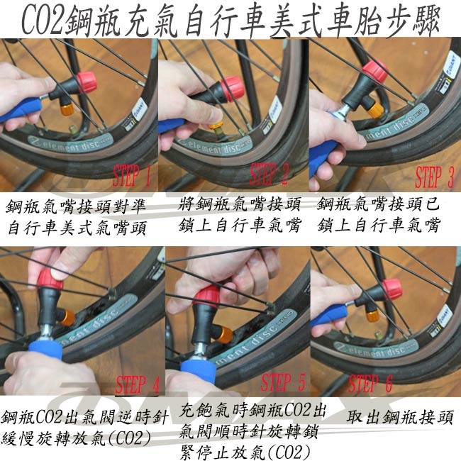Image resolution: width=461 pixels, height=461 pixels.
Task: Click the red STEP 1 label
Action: pyautogui.click(x=131, y=175)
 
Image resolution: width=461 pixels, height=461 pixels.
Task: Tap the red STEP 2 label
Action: pyautogui.click(x=269, y=174)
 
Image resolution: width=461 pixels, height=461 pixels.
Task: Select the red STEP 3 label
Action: pyautogui.click(x=434, y=177)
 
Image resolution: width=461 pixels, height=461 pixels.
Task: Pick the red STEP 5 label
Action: pyautogui.click(x=283, y=382)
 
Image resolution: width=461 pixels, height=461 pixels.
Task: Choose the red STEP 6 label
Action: pyautogui.click(x=370, y=383)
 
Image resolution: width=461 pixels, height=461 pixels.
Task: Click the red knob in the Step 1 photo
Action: pyautogui.click(x=87, y=82)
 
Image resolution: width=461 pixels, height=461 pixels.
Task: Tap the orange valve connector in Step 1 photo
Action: pyautogui.click(x=67, y=109)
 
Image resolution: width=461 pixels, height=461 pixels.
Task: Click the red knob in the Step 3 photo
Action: pyautogui.click(x=375, y=70)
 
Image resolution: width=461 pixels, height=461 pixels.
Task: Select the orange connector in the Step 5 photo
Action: pyautogui.click(x=224, y=335)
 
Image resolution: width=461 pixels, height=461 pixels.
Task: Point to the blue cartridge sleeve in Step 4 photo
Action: pyautogui.click(x=45, y=350)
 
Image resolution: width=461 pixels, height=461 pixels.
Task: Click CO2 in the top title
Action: pyautogui.click(x=43, y=21)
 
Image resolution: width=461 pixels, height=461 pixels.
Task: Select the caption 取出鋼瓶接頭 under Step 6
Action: pyautogui.click(x=400, y=417)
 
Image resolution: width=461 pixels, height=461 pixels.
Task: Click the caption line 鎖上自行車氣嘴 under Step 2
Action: pyautogui.click(x=240, y=226)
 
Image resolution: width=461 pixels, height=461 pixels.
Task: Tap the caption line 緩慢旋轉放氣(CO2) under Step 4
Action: pyautogui.click(x=77, y=439)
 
